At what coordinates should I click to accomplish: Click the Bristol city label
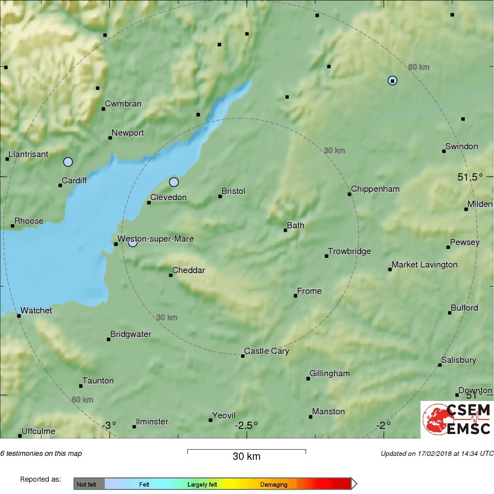coord(233,191)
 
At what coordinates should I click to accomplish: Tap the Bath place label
coord(296,225)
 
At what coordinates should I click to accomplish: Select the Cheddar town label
coord(188,270)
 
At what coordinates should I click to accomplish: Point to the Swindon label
coord(461,146)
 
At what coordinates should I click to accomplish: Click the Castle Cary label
coord(266,351)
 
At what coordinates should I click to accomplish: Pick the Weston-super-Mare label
coord(155,239)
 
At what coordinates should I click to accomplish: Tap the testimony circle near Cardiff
coord(68,162)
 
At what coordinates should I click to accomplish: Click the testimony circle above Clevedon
coord(174,182)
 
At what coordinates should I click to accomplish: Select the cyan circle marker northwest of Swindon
coord(393,81)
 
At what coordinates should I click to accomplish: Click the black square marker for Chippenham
coord(349,194)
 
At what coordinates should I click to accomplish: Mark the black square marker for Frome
coord(296,296)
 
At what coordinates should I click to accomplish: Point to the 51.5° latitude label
coord(469,177)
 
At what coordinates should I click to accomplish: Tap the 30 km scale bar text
coord(246,456)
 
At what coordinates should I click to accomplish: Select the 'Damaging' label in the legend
coord(274,484)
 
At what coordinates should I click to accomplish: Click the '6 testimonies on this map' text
coord(41,454)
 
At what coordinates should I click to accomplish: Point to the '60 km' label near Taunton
coord(82,399)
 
